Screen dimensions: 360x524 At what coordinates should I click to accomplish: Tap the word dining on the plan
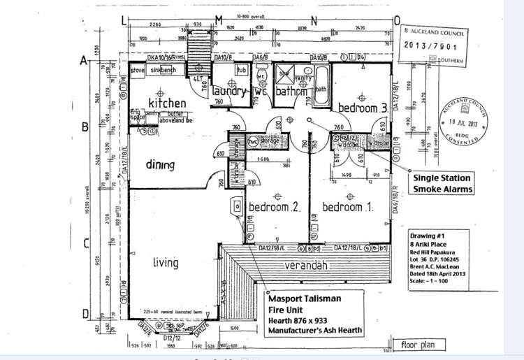coord(160,166)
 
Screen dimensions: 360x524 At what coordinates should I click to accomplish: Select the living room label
coord(166,263)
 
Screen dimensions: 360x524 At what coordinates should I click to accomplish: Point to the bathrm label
coord(292,92)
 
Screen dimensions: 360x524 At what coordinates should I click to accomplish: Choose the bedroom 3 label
coord(363,108)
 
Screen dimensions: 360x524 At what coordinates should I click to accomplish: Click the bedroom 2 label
coord(275,208)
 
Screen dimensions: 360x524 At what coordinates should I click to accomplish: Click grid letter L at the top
coord(126,21)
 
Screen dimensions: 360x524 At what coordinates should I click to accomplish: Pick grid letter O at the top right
coord(397,21)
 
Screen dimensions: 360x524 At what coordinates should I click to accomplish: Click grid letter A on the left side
coord(83,61)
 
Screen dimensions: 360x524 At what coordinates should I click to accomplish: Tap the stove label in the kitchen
coord(138,71)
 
